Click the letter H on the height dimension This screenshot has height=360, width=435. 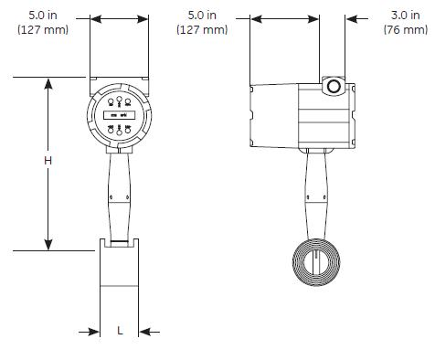(x=48, y=161)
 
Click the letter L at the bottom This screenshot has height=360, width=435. (x=120, y=331)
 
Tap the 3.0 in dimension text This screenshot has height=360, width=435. (x=405, y=15)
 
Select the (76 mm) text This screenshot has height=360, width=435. (x=406, y=29)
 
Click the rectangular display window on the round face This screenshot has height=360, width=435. (x=120, y=115)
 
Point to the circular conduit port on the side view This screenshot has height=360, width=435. (x=334, y=87)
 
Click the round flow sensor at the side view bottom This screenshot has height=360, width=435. (x=316, y=262)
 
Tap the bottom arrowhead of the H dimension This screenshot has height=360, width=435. (x=48, y=245)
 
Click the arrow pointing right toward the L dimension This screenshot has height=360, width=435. (x=89, y=332)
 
